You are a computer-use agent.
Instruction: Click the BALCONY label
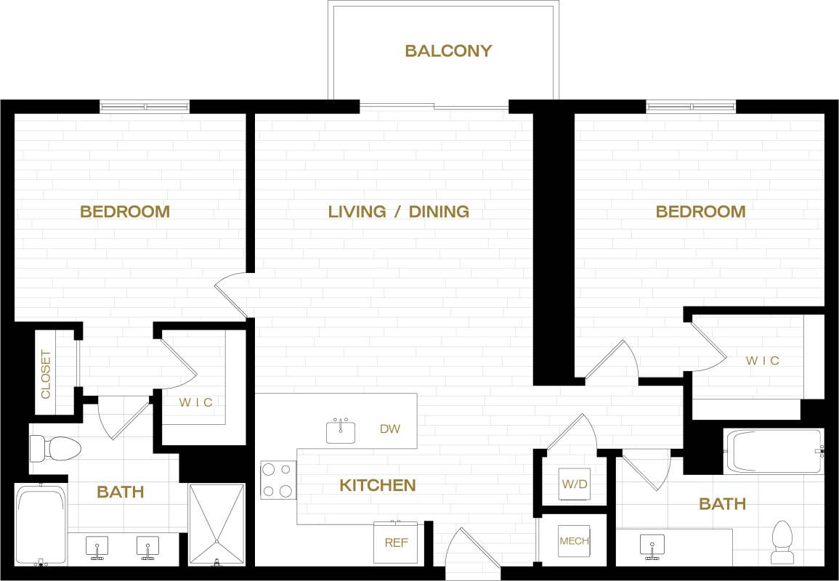tap(448, 51)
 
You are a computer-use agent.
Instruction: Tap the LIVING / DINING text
tap(398, 211)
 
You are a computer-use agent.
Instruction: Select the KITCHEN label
tap(377, 485)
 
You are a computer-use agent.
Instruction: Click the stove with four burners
tap(278, 480)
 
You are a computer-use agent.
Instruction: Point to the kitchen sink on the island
tap(341, 431)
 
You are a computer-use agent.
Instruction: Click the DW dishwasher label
tap(390, 428)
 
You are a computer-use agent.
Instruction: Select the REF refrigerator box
tap(396, 542)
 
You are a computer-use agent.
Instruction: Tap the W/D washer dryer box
tap(570, 483)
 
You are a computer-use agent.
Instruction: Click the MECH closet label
tap(573, 541)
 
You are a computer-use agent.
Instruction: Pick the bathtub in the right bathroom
tap(774, 451)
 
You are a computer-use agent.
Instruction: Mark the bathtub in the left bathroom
tap(41, 525)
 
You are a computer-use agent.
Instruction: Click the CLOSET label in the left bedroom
tap(46, 374)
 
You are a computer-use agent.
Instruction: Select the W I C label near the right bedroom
tap(762, 360)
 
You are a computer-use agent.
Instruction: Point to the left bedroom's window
tap(145, 107)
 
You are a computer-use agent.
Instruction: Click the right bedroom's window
tap(691, 107)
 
